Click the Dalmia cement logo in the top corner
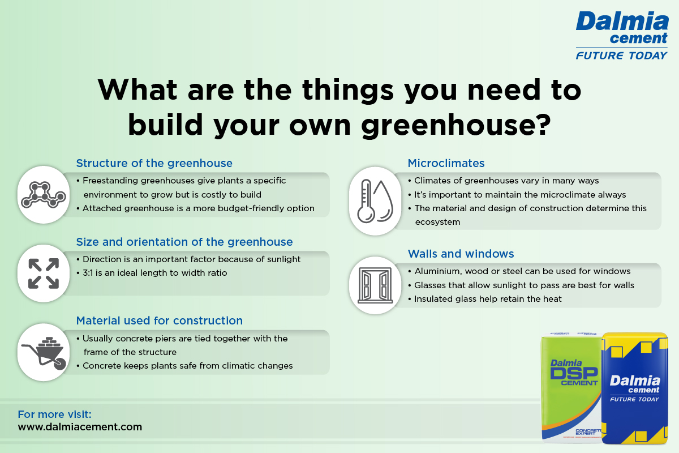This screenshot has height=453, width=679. click(x=622, y=35)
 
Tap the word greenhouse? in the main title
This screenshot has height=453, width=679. click(x=455, y=125)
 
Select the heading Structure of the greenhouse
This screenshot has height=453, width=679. click(x=154, y=163)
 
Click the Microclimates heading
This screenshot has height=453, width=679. click(x=446, y=163)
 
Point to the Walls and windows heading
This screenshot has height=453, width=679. click(x=461, y=254)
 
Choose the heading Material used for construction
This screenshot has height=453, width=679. click(x=160, y=320)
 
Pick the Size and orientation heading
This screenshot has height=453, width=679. click(x=184, y=242)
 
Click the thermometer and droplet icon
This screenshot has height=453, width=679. click(x=375, y=201)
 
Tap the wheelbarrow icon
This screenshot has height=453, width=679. click(x=44, y=353)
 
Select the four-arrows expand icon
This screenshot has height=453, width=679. click(x=44, y=273)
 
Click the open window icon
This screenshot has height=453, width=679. click(x=375, y=285)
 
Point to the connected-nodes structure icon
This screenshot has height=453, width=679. click(x=44, y=195)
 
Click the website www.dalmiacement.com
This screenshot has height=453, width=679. click(x=80, y=427)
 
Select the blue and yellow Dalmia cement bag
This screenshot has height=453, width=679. click(x=635, y=388)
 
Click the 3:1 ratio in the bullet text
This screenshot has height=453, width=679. click(x=88, y=273)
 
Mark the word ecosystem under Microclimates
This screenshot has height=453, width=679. click(x=437, y=222)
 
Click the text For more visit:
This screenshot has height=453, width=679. click(x=54, y=414)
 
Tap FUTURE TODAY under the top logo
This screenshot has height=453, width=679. click(x=621, y=55)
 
